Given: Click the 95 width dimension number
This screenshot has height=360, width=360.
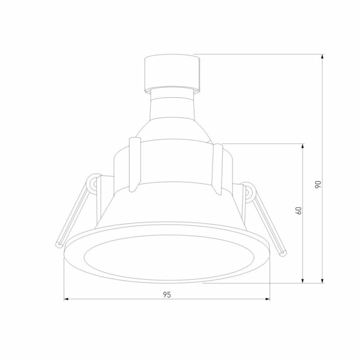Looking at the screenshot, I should tap(167, 295).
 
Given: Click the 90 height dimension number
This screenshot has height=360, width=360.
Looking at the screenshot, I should tap(318, 184).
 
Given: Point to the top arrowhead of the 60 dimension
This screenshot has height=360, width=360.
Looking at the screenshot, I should tap(303, 147).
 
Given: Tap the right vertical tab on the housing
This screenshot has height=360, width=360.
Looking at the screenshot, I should tap(218, 170).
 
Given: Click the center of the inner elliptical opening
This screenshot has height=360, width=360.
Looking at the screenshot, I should tap(167, 253).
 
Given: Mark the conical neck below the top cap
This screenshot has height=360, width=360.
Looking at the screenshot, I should tap(172, 108).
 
